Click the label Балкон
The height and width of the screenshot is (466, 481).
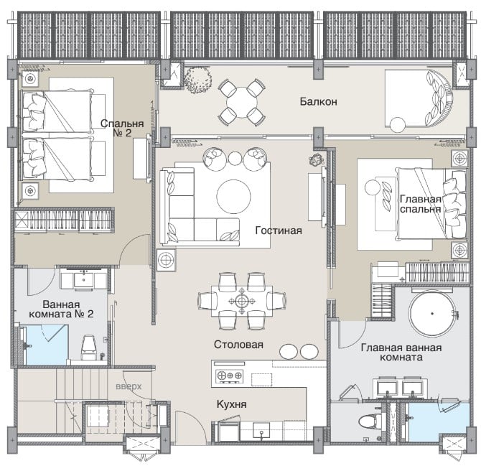pyautogui.click(x=319, y=101)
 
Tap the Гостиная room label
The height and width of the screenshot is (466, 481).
pyautogui.click(x=279, y=230)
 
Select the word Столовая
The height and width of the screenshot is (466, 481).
pyautogui.click(x=238, y=345)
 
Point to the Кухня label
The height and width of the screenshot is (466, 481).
pyautogui.click(x=232, y=404)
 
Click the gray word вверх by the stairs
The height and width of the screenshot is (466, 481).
pyautogui.click(x=129, y=386)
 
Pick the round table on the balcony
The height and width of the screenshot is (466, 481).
pyautogui.click(x=242, y=103)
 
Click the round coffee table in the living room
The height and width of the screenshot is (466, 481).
pyautogui.click(x=234, y=196)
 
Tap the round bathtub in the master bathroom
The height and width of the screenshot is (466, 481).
pyautogui.click(x=432, y=314)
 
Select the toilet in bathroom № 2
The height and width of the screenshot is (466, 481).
pyautogui.click(x=89, y=348)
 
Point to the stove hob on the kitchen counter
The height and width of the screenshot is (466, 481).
pyautogui.click(x=230, y=376)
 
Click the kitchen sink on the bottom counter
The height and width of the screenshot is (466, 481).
pyautogui.click(x=261, y=430)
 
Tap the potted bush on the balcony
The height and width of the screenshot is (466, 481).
pyautogui.click(x=198, y=80)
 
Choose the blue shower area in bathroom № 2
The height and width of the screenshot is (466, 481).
pyautogui.click(x=47, y=345)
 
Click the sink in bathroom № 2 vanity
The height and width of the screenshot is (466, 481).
pyautogui.click(x=84, y=280)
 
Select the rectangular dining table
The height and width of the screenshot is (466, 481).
pyautogui.click(x=242, y=302)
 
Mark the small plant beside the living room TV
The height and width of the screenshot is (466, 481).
pyautogui.click(x=317, y=159)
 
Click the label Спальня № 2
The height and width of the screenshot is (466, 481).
pyautogui.click(x=122, y=128)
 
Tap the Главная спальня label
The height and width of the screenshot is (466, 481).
pyautogui.click(x=420, y=204)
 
